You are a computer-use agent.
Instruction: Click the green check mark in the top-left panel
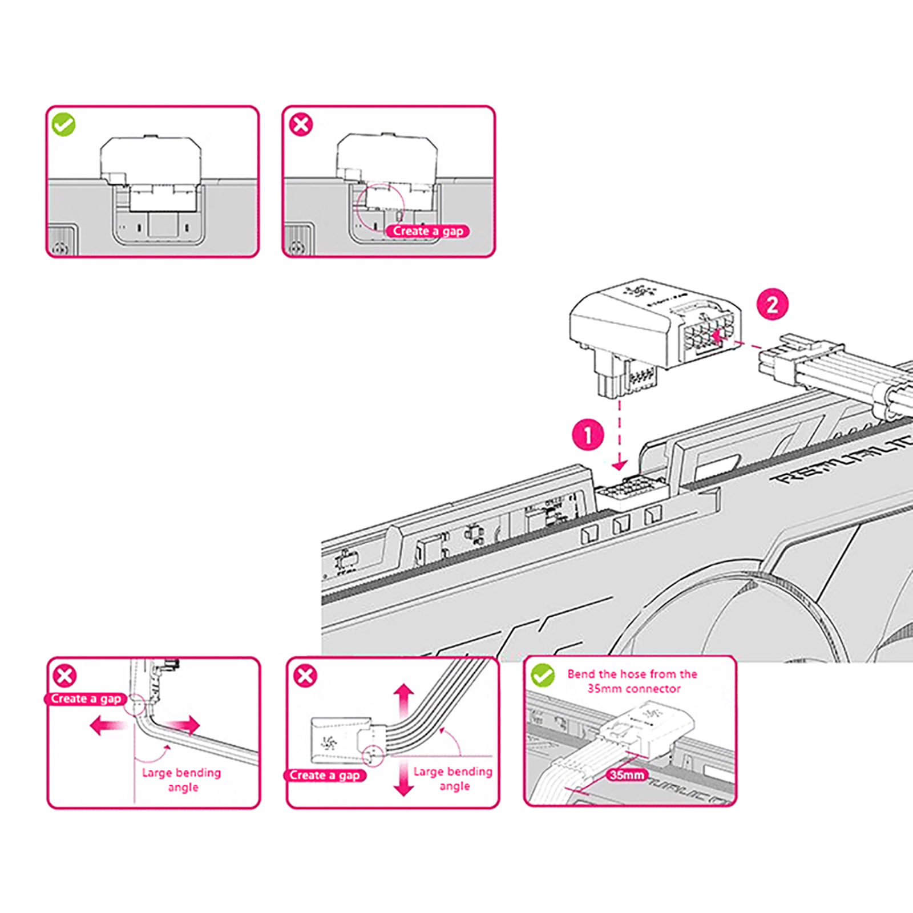click(63, 124)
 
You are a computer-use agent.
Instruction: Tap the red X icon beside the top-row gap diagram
click(301, 124)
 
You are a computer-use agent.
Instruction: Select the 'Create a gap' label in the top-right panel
click(427, 231)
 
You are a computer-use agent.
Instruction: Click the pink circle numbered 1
click(588, 435)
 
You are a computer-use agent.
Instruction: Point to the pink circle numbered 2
click(772, 304)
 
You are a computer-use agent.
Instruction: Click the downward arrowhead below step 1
click(620, 464)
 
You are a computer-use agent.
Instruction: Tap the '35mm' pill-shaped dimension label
click(627, 775)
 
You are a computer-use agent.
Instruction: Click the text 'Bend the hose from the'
click(632, 674)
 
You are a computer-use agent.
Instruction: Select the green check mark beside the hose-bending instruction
click(542, 676)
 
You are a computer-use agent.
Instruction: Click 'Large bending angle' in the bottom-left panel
click(181, 779)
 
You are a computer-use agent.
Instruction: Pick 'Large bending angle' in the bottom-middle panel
click(453, 778)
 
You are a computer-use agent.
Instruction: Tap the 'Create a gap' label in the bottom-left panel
click(86, 699)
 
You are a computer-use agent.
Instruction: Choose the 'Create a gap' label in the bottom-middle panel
click(324, 775)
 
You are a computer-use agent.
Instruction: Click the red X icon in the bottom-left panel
click(64, 676)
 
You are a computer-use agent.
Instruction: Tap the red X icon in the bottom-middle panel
click(305, 676)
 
